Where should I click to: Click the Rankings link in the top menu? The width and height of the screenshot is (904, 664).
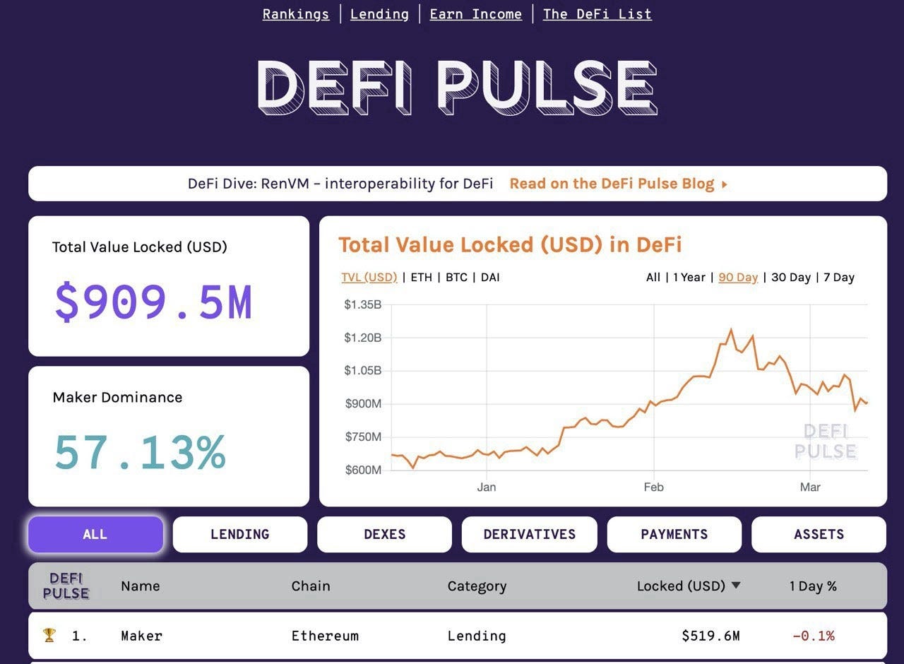tap(295, 14)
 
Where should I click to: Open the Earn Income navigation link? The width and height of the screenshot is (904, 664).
tap(475, 14)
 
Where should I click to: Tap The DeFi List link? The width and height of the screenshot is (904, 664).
tap(597, 14)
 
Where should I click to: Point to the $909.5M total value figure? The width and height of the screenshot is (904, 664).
tap(153, 302)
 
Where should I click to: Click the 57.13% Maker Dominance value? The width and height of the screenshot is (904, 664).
tap(140, 453)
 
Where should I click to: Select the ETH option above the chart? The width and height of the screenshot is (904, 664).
tap(421, 278)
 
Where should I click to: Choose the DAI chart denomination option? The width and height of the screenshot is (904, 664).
tap(490, 278)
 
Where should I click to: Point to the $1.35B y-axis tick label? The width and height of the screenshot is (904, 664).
tap(362, 305)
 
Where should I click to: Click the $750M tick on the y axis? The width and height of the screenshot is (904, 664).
tap(363, 437)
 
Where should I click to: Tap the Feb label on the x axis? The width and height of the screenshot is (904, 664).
tap(653, 487)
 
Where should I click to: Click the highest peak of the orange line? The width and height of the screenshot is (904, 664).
tap(731, 330)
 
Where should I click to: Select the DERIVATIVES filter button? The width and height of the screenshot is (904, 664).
tap(529, 535)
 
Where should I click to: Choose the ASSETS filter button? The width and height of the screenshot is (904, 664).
tap(819, 535)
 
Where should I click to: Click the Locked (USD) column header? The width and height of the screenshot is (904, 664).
tap(682, 586)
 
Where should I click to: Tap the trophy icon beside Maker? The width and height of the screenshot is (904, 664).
tap(49, 636)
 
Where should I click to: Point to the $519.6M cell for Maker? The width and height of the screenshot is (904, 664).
tap(710, 636)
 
